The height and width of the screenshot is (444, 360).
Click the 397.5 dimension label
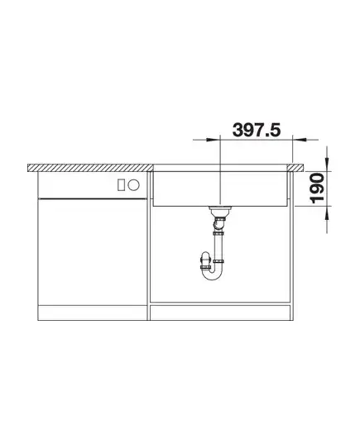pyautogui.click(x=257, y=131)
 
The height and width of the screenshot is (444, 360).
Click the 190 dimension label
pyautogui.click(x=318, y=189)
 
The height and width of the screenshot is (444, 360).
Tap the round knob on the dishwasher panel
pyautogui.click(x=133, y=185)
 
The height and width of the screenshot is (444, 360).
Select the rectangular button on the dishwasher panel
pyautogui.click(x=121, y=185)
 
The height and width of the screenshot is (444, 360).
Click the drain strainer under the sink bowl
pyautogui.click(x=220, y=211)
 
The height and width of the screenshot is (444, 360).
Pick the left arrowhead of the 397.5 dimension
pyautogui.click(x=213, y=140)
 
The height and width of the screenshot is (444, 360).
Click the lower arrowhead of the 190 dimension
pyautogui.click(x=327, y=213)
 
